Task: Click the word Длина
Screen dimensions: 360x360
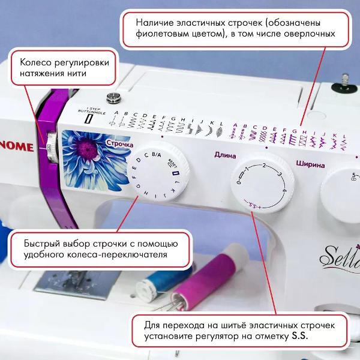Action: point(225,155)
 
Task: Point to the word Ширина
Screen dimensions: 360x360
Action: point(310,164)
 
